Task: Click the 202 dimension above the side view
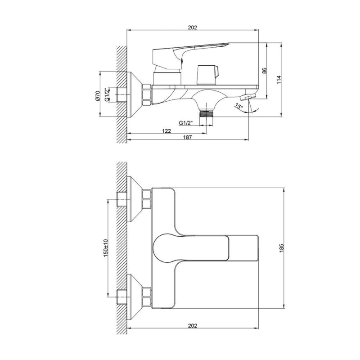[x=193, y=27]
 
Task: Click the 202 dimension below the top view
[x=193, y=325]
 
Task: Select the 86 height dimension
[x=264, y=71]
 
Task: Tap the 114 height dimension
[x=279, y=80]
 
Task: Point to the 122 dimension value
[x=166, y=131]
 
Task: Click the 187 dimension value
[x=187, y=137]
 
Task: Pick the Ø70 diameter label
[x=97, y=95]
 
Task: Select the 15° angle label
[x=239, y=106]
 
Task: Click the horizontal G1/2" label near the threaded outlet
[x=186, y=123]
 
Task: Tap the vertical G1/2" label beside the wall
[x=107, y=94]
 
